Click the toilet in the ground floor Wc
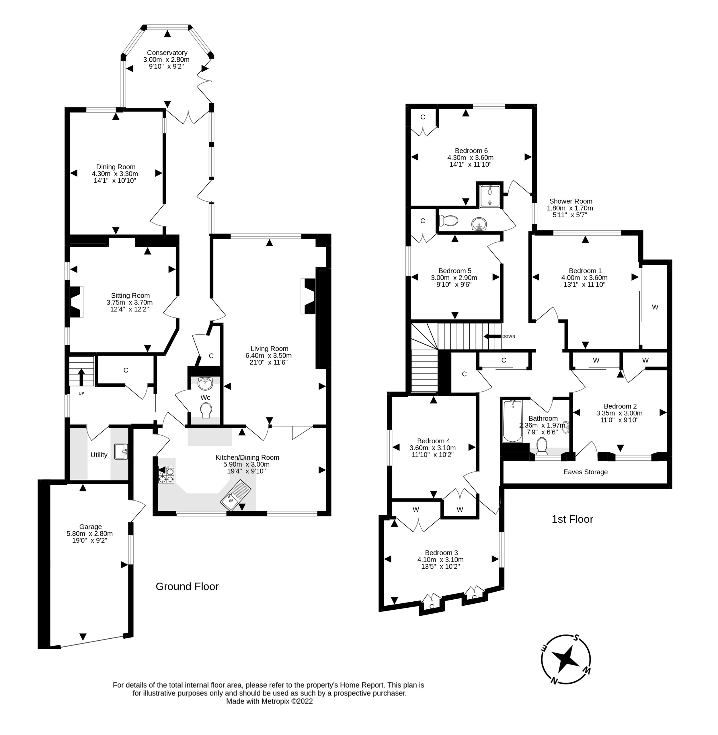pyautogui.click(x=206, y=410)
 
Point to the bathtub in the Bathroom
pyautogui.click(x=512, y=421)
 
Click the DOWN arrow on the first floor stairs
pyautogui.click(x=492, y=336)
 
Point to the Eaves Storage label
pyautogui.click(x=585, y=472)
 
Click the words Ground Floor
pyautogui.click(x=187, y=586)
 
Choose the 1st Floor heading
pyautogui.click(x=572, y=519)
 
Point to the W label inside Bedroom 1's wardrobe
pyautogui.click(x=655, y=307)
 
